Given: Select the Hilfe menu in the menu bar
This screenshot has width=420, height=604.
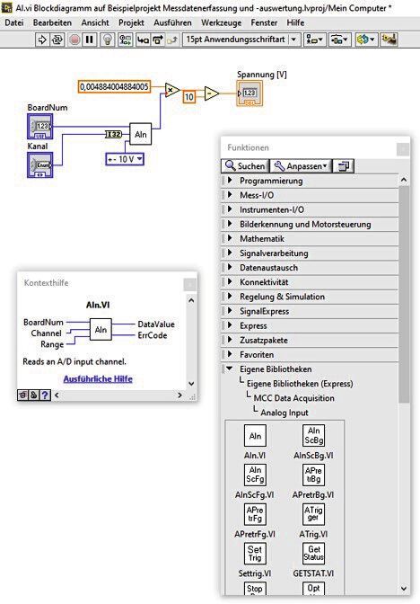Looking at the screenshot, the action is [295, 22].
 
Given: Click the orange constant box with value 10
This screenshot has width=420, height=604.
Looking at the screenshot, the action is [189, 96].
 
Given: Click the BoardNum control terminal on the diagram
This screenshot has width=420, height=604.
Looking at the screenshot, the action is [41, 125].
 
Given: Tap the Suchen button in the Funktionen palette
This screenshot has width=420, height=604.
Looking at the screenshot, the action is [246, 165].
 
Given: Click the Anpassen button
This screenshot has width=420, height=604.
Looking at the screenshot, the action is [302, 165].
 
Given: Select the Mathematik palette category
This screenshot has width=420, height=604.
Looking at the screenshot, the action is [261, 238].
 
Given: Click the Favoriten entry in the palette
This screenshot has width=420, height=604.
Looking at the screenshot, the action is [258, 354].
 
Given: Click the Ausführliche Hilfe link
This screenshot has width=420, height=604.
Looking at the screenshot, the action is [97, 379].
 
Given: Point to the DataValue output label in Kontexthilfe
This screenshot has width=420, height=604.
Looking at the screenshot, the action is [155, 324].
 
